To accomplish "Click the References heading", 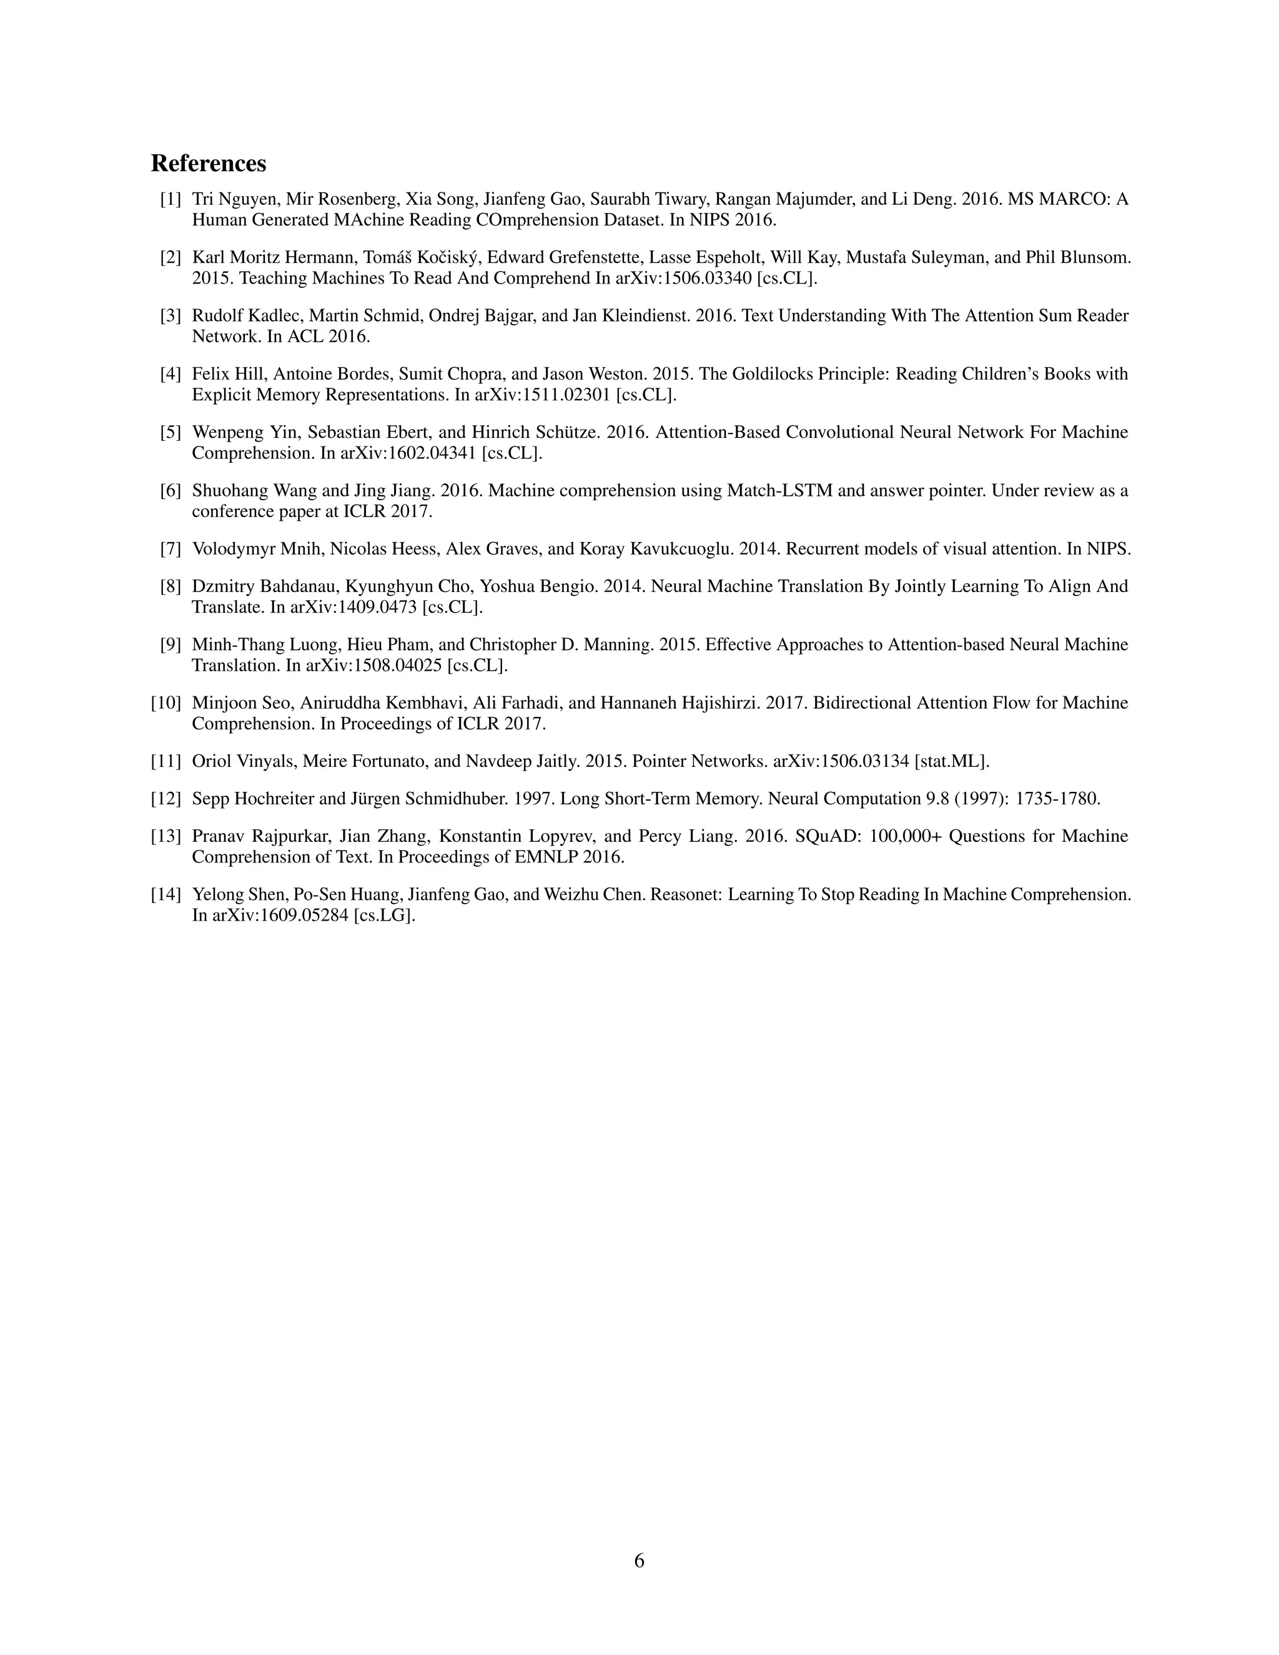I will point(209,164).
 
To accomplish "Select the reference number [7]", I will point(170,548).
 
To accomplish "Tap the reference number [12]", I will point(166,798).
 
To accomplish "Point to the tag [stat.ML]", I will point(952,761).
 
